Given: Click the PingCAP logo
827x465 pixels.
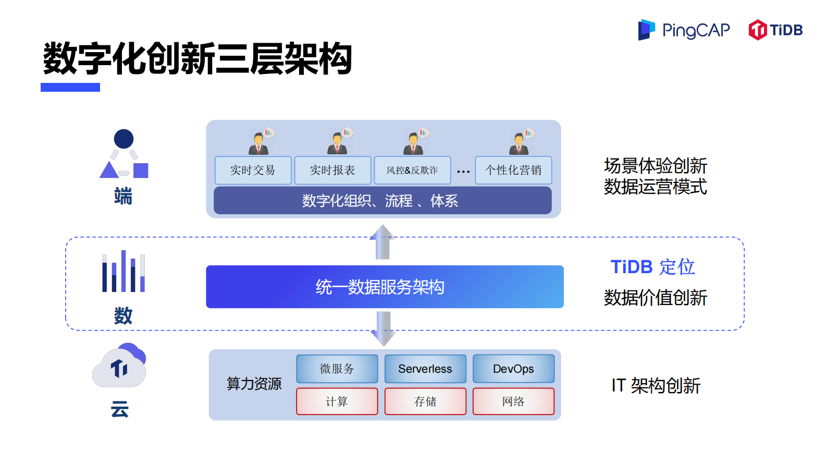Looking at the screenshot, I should coord(684,30).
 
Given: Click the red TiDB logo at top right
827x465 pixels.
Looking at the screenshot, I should coord(775,30).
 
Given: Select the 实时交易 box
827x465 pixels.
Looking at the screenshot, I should coord(253,170).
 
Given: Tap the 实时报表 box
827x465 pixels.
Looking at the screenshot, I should coord(332,170).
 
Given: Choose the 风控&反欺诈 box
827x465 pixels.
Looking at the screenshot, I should coord(412,170).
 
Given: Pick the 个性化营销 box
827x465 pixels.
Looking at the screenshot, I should coord(513,170).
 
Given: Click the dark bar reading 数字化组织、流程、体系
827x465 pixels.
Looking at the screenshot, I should coord(382,201).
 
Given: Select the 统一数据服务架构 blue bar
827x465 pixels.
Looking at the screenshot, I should coord(385,287).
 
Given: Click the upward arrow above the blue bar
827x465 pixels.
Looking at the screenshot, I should coord(382,242).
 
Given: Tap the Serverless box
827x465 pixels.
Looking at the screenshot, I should coord(425,369).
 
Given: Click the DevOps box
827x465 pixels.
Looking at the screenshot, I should coord(513,369).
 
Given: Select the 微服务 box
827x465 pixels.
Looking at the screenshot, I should coord(337,369).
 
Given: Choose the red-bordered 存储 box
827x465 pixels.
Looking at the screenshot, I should coord(425,401).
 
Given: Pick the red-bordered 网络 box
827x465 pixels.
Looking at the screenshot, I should coord(513,401).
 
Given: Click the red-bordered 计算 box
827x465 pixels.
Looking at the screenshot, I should coord(337,401).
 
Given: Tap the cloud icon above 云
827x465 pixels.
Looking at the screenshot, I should coord(119,366).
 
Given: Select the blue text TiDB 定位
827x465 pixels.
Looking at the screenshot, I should coord(652,267).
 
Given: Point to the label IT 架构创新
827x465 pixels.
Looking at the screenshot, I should coord(656,386).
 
